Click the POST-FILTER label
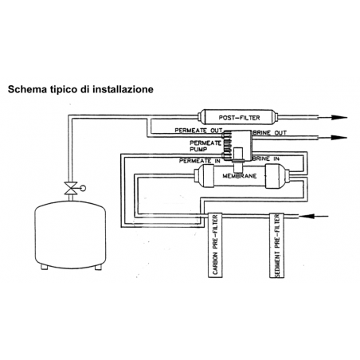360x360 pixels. coord(239,118)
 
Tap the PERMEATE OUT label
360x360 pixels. coord(198,131)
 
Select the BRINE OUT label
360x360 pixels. coord(270,133)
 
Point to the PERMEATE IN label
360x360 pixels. coord(199,161)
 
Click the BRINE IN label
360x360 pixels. coord(266,158)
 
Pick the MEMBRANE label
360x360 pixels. coord(240,176)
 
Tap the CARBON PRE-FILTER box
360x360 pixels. coord(215,245)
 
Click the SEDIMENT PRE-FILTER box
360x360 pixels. coord(277,245)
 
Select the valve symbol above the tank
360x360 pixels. coord(71,188)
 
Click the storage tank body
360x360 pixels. coord(70,234)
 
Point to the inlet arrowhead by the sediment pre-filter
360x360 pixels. coord(307,217)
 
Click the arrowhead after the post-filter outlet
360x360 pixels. coord(339,117)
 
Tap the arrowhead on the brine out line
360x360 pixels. coord(339,138)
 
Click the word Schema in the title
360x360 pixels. coord(27,89)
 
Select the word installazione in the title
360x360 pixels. coord(123,89)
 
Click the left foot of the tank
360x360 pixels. coord(45,267)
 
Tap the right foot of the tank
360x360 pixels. coord(98,267)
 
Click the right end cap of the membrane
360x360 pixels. coord(276,176)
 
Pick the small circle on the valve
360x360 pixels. coord(83,188)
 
